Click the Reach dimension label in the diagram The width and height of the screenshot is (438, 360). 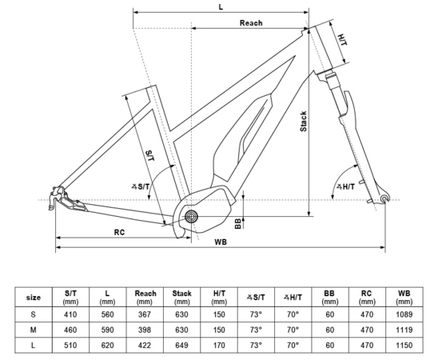[251, 23]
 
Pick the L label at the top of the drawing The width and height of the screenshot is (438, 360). [221, 6]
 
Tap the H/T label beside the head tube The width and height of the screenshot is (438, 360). [342, 39]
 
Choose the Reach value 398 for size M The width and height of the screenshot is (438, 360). [144, 330]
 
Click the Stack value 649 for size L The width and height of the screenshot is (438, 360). [181, 345]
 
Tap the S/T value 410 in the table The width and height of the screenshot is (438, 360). [70, 314]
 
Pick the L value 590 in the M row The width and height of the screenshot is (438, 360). [106, 330]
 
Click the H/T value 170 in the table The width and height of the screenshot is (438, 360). [219, 345]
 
